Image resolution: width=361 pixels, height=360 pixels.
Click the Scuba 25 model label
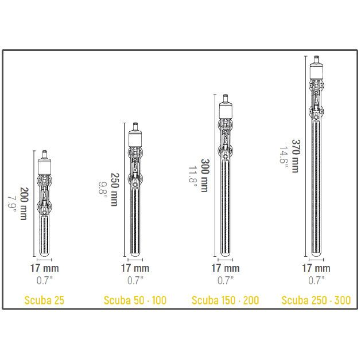[x=44, y=300]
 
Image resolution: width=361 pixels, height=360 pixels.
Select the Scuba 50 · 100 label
[x=135, y=300]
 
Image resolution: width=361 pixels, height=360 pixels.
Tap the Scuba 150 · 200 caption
[x=226, y=300]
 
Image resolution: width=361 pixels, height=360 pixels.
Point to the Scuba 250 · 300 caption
[x=316, y=300]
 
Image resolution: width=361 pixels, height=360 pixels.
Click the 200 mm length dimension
[x=24, y=204]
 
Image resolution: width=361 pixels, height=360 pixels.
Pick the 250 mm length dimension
[x=115, y=189]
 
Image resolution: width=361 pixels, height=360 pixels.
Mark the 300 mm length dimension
[x=205, y=175]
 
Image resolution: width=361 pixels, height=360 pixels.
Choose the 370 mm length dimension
[x=296, y=156]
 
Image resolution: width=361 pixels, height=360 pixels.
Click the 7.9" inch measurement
[x=11, y=204]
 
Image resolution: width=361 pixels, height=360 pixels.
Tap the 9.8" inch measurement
[x=103, y=191]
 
